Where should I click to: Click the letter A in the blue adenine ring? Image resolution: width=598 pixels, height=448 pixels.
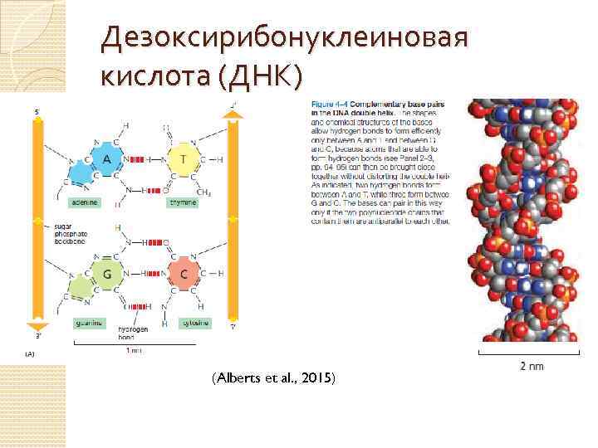click(107, 158)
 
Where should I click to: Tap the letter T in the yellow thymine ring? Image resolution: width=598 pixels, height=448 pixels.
click(182, 158)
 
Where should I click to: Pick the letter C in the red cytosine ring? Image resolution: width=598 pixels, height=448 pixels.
click(184, 273)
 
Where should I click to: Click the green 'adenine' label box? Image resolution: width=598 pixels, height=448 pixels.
click(85, 202)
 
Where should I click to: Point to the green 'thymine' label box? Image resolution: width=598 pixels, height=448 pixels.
click(183, 202)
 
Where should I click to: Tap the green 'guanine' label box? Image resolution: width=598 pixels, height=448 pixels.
click(87, 323)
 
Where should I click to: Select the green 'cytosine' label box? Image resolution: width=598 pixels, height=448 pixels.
click(196, 323)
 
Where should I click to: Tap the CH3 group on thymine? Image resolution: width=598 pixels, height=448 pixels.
click(203, 192)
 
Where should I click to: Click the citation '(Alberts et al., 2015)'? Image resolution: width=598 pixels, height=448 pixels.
click(273, 378)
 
